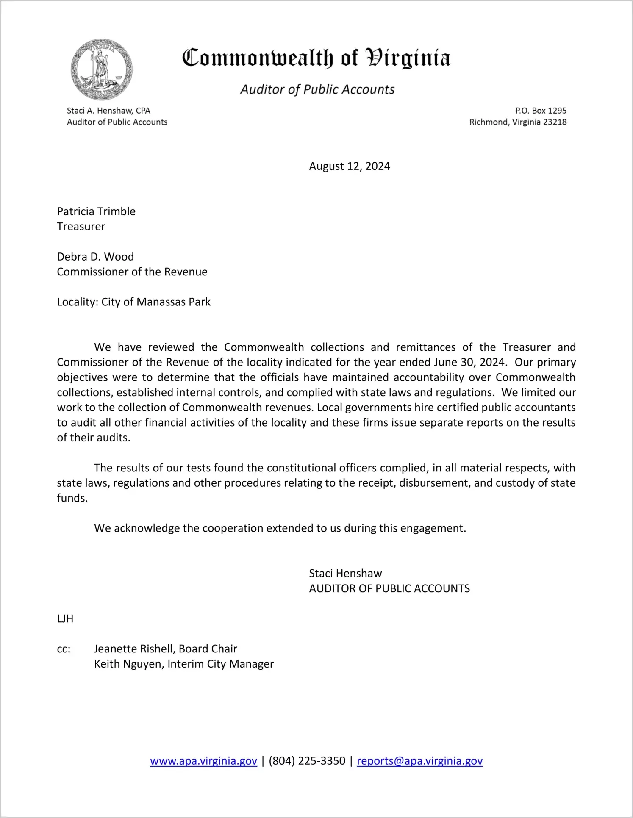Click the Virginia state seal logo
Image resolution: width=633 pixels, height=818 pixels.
(101, 69)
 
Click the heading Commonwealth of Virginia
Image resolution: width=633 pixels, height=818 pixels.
(316, 58)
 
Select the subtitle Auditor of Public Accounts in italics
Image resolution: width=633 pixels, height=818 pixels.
(317, 89)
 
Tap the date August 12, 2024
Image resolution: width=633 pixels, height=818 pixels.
(349, 166)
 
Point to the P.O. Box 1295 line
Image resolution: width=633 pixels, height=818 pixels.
(541, 111)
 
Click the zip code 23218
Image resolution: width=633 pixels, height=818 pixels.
(555, 122)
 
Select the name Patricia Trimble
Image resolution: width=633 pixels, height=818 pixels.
(96, 211)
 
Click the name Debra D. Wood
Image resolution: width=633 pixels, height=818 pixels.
(95, 257)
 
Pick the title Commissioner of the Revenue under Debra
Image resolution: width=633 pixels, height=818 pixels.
(132, 272)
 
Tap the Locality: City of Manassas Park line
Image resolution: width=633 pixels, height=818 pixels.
(133, 302)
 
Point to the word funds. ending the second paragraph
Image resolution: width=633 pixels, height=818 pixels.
(72, 498)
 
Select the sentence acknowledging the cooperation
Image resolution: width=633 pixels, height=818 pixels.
(280, 528)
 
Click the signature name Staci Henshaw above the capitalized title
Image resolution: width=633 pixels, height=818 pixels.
(345, 574)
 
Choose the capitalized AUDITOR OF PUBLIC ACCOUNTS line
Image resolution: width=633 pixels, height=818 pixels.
(389, 589)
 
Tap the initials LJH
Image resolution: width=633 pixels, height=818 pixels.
(65, 619)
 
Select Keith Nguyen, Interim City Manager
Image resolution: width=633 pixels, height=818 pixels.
(184, 664)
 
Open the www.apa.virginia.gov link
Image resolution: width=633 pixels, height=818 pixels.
(203, 761)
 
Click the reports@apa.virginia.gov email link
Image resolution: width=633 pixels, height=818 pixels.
(419, 761)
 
